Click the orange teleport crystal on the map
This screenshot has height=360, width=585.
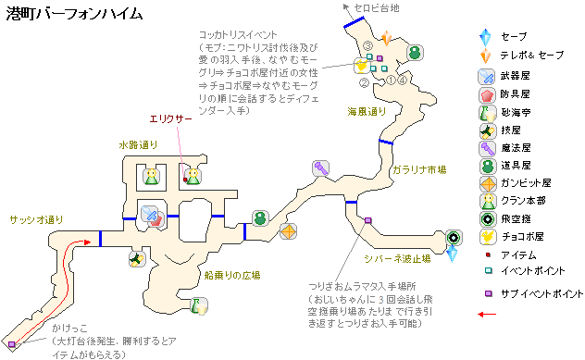386,36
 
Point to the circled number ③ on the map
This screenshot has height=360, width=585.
367,44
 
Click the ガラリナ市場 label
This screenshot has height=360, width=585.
419,170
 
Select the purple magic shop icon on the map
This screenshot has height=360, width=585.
321,168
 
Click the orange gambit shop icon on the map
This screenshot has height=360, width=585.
289,230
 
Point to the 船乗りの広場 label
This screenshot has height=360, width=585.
231,275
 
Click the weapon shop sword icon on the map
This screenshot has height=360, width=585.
149,215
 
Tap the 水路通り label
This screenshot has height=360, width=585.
138,144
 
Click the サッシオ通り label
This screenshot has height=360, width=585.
36,219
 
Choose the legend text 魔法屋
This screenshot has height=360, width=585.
517,147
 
